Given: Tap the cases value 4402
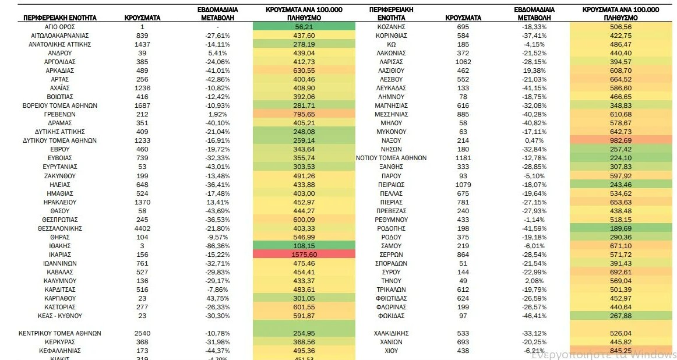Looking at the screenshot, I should (142, 228).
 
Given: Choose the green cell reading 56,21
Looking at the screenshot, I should (304, 27).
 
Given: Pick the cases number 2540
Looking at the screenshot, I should (142, 333).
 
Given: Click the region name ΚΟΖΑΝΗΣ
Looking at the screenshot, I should (392, 27).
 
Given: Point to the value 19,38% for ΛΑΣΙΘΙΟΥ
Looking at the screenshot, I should (535, 70).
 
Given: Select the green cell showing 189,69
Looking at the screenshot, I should (620, 228).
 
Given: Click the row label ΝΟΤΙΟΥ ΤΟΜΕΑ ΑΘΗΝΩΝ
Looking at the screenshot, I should (392, 158).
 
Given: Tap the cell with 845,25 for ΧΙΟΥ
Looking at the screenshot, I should (620, 351).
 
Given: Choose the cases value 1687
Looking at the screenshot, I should (142, 105).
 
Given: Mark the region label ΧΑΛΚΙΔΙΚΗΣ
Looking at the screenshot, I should (392, 333).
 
